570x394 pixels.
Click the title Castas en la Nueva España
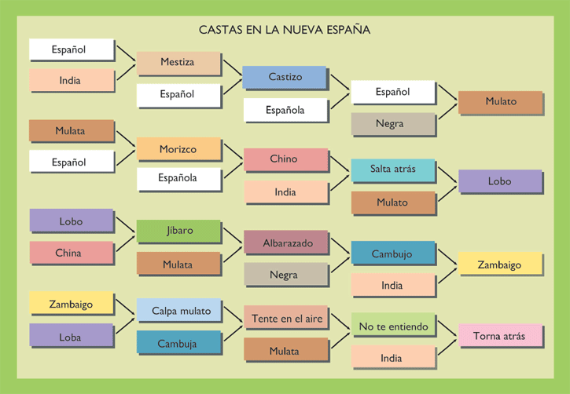click(x=285, y=30)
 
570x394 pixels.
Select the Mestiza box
click(x=178, y=63)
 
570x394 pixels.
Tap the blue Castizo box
click(x=284, y=77)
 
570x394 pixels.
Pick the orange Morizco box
click(x=178, y=148)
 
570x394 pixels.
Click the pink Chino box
click(x=284, y=159)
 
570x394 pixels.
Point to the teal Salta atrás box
click(x=392, y=170)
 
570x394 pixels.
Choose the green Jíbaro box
click(x=178, y=232)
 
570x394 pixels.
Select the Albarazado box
click(x=286, y=243)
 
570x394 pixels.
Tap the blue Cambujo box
click(x=392, y=254)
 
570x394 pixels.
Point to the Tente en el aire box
click(x=286, y=318)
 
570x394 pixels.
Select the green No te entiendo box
click(x=392, y=325)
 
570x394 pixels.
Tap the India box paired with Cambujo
click(x=392, y=285)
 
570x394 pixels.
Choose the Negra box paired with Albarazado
click(x=285, y=275)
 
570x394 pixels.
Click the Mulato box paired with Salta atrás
click(x=392, y=202)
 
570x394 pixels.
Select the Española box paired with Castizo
click(x=285, y=110)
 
